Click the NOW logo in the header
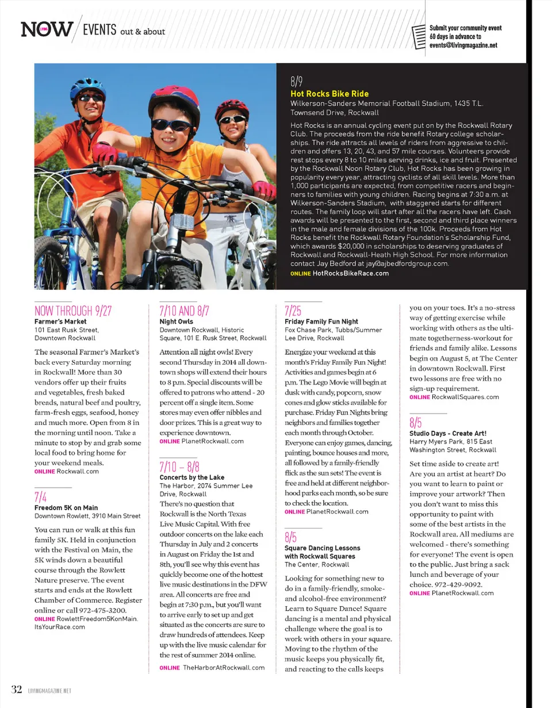coord(47,29)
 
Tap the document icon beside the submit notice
coord(420,36)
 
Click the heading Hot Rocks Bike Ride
coord(329,94)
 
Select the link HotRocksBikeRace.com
coord(350,273)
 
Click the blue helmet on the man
coord(87,88)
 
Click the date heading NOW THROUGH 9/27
coord(72,311)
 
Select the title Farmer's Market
coord(60,321)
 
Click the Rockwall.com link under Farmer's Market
coord(78,470)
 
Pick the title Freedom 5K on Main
coord(66,508)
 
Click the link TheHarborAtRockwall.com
coord(223,668)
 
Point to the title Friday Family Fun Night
coord(321,321)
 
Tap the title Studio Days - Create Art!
coord(447,433)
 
